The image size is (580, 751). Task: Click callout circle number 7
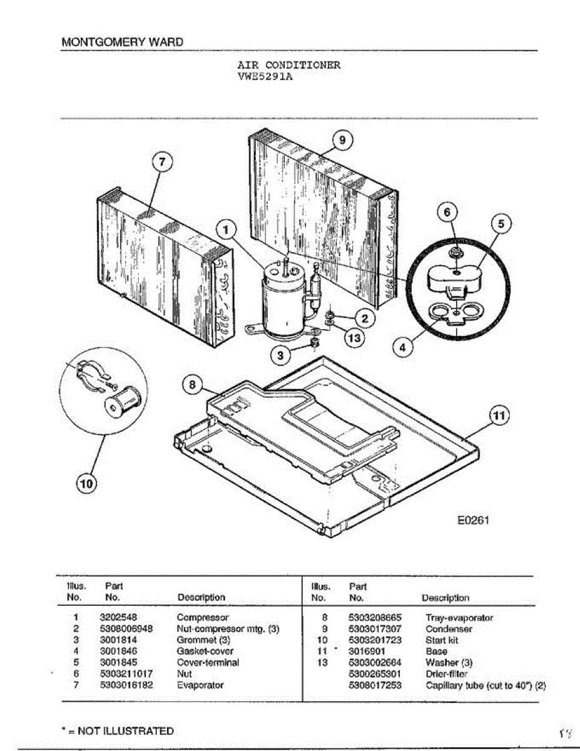click(161, 161)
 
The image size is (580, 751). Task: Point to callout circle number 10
click(87, 483)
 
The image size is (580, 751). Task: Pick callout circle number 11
click(499, 416)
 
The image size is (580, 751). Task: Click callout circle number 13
click(354, 337)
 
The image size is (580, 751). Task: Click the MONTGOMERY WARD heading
click(123, 43)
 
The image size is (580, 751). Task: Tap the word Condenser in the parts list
click(449, 629)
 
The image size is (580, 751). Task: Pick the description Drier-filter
click(446, 674)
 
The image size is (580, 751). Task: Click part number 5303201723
click(375, 640)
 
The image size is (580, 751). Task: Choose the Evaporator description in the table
click(200, 685)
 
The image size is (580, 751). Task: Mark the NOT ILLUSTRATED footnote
click(118, 731)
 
